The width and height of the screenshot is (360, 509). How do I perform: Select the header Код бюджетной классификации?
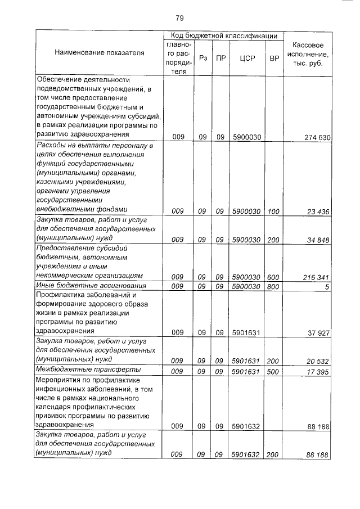224,36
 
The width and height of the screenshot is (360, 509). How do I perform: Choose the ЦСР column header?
247,58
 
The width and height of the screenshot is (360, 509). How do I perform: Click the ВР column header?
274,58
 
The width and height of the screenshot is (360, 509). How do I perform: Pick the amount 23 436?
318,211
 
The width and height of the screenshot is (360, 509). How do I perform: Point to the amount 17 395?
318,372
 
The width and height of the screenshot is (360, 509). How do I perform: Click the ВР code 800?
273,286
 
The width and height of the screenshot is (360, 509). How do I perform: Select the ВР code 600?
273,277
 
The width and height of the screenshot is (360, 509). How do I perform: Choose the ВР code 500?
273,372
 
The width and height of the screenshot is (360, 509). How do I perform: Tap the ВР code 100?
273,211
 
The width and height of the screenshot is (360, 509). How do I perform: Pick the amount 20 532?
318,361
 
